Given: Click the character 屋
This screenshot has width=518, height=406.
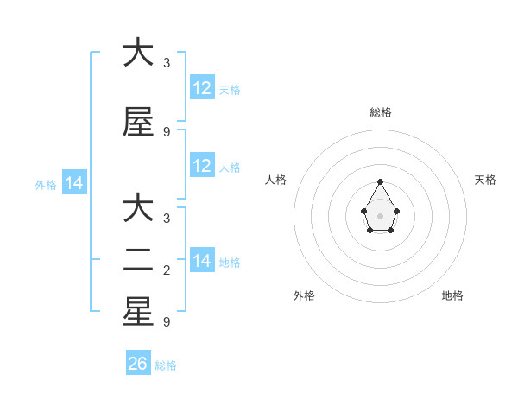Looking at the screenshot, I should click(x=138, y=123).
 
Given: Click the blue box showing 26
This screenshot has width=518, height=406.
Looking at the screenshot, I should click(x=137, y=364).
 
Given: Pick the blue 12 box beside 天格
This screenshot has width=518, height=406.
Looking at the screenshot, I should click(x=202, y=87).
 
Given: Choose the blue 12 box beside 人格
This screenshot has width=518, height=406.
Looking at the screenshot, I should click(x=202, y=166).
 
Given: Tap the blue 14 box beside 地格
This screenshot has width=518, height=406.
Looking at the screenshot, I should click(x=202, y=261).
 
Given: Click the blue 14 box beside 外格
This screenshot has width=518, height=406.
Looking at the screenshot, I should click(x=74, y=183).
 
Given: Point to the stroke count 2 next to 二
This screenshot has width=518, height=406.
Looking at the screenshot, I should click(x=167, y=271).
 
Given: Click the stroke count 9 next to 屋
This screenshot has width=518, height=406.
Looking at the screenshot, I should click(x=167, y=132).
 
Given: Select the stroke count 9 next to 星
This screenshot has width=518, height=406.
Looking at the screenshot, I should click(x=167, y=322).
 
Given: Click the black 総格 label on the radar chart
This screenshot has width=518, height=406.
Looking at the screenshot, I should click(x=380, y=112).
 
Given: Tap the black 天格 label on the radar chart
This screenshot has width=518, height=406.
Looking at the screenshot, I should click(x=485, y=180).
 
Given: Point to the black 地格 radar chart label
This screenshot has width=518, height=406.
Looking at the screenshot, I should click(x=452, y=295).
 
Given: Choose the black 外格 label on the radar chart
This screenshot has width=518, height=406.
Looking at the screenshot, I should click(x=304, y=295).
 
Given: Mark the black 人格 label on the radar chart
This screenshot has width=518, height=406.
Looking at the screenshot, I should click(x=276, y=180).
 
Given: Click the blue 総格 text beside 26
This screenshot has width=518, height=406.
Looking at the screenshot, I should click(x=166, y=365).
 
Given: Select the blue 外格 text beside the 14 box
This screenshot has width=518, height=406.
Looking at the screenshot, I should click(x=46, y=184).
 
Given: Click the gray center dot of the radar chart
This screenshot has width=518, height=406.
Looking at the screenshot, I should click(x=380, y=215).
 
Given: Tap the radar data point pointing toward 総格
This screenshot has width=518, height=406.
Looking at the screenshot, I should click(x=380, y=181).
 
